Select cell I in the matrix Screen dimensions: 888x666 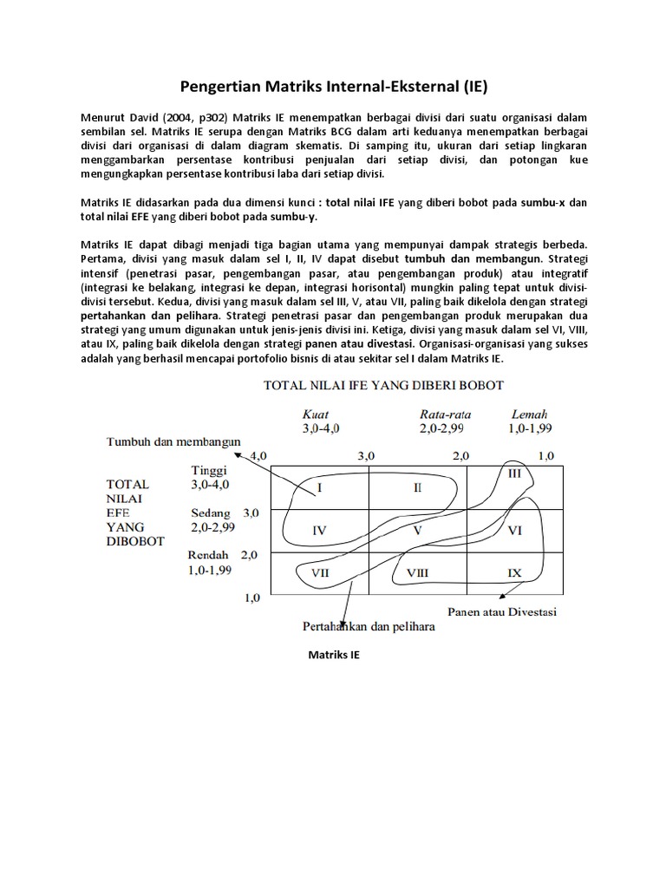tap(320, 488)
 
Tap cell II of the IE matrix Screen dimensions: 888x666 tap(417, 488)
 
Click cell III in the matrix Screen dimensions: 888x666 tap(514, 473)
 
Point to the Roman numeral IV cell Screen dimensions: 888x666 tap(320, 530)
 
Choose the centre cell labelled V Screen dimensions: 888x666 tap(417, 530)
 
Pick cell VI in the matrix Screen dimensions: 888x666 tap(514, 530)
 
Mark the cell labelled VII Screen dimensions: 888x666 tap(320, 572)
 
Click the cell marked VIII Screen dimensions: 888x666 tap(417, 572)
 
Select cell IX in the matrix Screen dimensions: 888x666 tap(514, 572)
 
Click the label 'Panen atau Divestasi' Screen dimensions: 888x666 tap(502, 612)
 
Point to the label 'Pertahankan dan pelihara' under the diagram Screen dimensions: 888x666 tap(369, 626)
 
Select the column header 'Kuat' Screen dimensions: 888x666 tap(315, 415)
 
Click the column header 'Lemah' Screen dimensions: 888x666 tap(530, 415)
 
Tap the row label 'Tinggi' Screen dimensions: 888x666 tap(209, 471)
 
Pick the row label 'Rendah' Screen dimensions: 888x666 tap(208, 555)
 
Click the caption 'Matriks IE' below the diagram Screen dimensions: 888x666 tap(334, 656)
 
